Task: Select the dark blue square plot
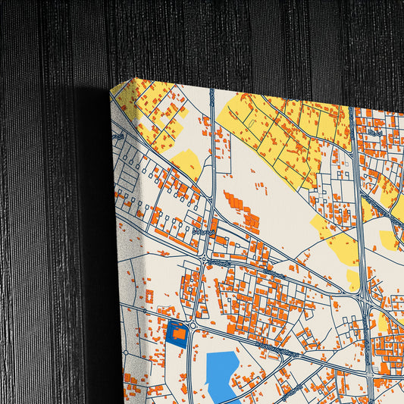pyautogui.click(x=177, y=334)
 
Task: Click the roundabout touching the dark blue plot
pyautogui.click(x=193, y=327)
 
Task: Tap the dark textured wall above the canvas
pyautogui.click(x=227, y=38)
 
